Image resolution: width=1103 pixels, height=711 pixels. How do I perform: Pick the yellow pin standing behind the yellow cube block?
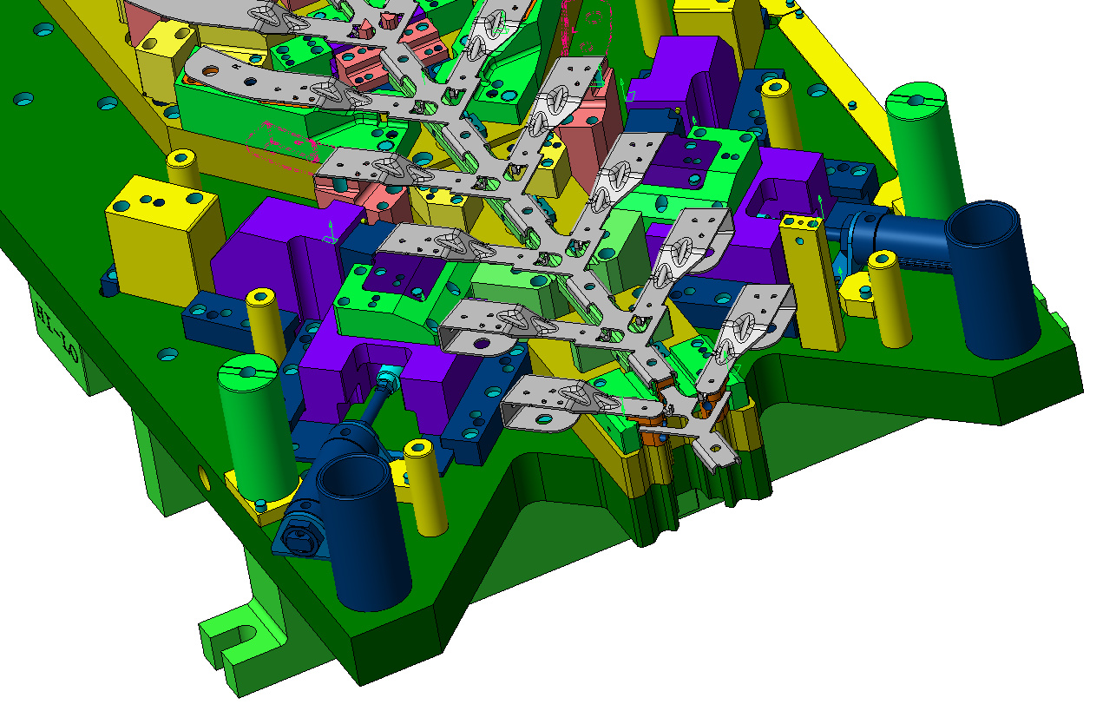pos(183,169)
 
